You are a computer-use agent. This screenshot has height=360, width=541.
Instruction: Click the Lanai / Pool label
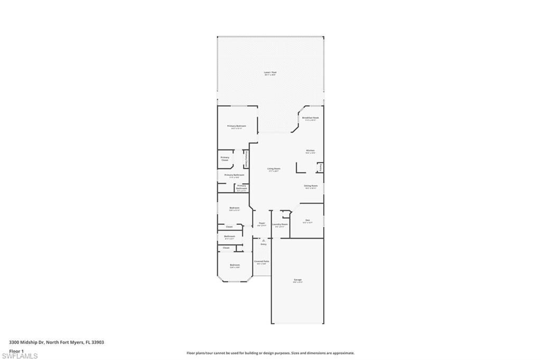point(270,72)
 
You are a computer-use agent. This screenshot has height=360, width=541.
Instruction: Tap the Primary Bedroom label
point(237,126)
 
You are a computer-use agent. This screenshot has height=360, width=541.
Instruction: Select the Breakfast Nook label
point(310,118)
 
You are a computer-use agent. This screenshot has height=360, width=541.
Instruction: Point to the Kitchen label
point(310,150)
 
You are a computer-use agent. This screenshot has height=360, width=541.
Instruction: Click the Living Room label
point(274,169)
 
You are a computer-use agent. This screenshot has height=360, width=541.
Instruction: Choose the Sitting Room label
point(311,186)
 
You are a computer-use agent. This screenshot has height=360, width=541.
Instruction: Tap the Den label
point(307,220)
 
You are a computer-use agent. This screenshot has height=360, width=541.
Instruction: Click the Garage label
point(298,279)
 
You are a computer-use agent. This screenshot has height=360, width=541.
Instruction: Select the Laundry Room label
point(280,224)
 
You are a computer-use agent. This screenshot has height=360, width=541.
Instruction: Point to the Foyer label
point(262,223)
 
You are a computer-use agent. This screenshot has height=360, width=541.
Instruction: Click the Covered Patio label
point(262,261)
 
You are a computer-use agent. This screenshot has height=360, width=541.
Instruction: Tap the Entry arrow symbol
point(263,240)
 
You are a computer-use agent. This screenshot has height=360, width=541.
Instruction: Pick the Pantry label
point(320,168)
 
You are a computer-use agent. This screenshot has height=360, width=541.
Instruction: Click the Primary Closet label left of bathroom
point(225,158)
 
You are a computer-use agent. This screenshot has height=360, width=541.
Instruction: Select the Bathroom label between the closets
point(229,236)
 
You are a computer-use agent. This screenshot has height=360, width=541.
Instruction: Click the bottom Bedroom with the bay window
point(235,265)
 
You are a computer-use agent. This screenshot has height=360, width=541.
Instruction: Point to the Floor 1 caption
point(16,350)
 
